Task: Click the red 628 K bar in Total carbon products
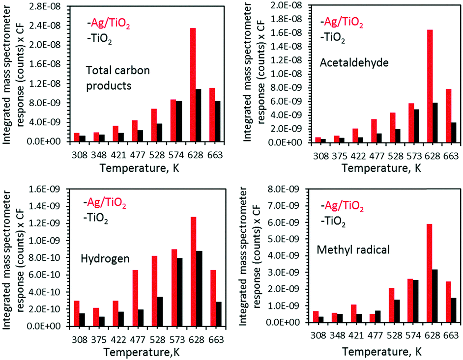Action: [193, 84]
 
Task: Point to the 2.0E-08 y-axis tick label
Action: [287, 5]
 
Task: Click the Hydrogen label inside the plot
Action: [106, 256]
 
